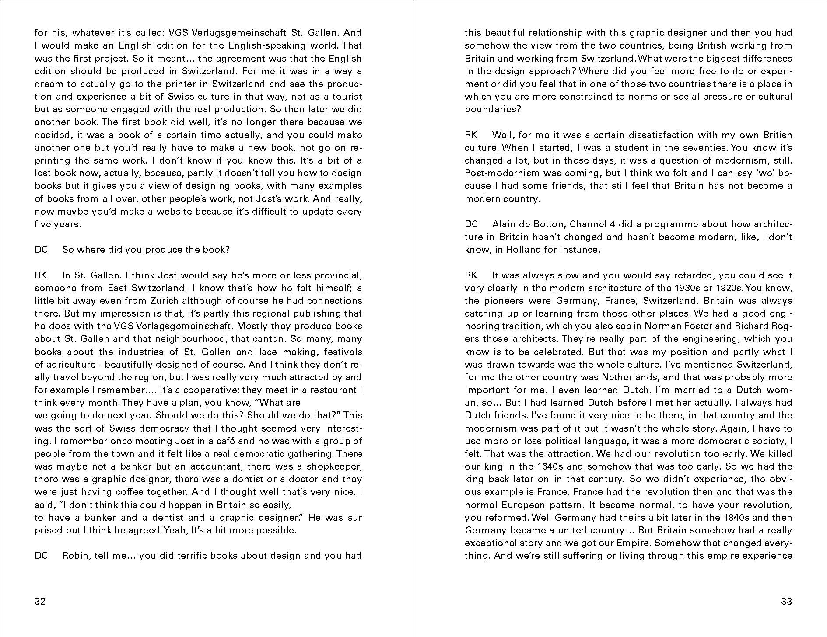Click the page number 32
tap(40, 601)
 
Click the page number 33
tap(786, 601)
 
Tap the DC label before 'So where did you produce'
tap(41, 250)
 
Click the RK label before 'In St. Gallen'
tap(41, 275)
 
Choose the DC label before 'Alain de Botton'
tap(471, 224)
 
